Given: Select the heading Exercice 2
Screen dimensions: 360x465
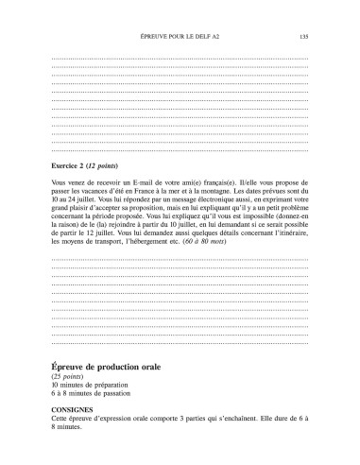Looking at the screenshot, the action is [x=69, y=166].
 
